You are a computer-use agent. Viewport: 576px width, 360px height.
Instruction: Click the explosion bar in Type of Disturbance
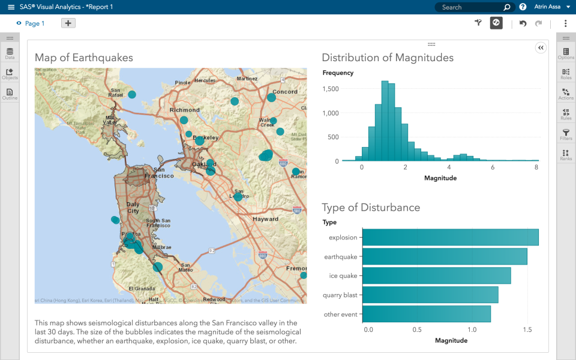pos(450,238)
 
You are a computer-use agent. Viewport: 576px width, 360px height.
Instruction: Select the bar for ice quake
pos(437,276)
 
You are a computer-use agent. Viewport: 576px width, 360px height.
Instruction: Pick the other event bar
pos(427,314)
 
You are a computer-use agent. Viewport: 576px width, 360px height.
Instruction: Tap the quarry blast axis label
pos(341,295)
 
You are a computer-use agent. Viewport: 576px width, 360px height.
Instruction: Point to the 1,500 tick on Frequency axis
pos(331,89)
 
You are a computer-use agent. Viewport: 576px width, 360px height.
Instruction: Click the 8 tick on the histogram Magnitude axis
pos(536,168)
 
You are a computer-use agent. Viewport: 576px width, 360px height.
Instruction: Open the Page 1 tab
pos(34,23)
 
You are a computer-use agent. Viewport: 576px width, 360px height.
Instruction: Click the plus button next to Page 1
pos(68,23)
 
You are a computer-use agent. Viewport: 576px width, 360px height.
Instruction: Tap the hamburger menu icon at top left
pos(11,7)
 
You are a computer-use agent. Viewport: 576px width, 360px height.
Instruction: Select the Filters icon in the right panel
pos(566,134)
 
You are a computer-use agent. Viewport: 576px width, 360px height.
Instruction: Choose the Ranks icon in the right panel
pos(566,154)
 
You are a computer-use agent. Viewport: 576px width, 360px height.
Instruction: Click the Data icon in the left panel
pos(10,53)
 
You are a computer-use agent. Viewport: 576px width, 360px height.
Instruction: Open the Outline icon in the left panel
pos(10,94)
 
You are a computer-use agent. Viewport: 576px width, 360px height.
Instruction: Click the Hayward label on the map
pos(265,220)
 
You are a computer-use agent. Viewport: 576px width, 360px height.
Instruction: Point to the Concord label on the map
pos(285,92)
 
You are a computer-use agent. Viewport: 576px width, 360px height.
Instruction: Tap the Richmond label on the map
pos(184,110)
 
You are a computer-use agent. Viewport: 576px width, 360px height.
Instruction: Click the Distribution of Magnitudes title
pos(388,58)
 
